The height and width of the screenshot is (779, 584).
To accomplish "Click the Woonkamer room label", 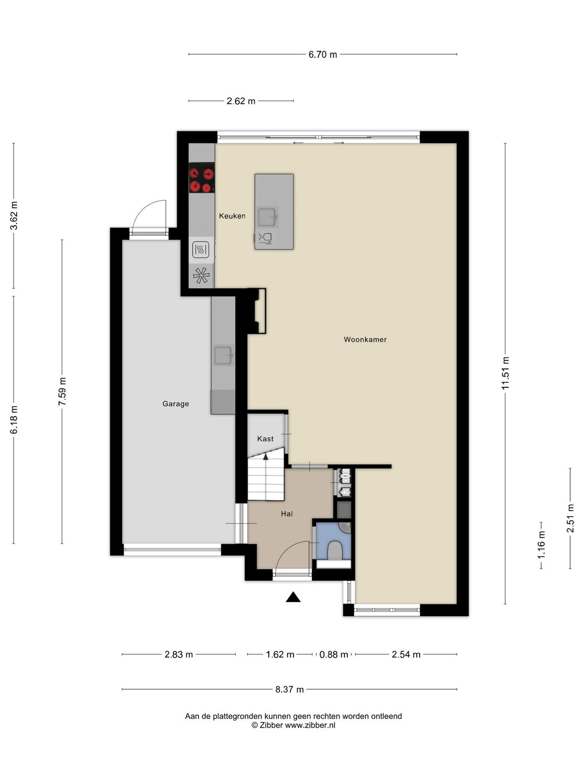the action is pos(365,340).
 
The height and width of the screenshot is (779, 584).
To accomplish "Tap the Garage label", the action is pos(176,404).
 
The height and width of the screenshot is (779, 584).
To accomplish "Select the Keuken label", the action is pos(232,216).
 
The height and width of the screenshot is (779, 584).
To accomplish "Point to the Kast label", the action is pos(265,439).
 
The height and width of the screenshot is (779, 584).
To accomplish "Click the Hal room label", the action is pos(287,513).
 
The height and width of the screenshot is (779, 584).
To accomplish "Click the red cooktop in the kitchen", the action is pos(201,177).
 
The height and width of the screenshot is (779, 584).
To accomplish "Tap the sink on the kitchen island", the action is pos(267,217).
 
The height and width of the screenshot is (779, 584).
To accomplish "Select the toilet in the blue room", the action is pos(334,551).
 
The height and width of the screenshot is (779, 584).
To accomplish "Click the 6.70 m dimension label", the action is pos(322,55).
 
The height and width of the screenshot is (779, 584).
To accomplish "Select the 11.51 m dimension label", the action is pos(505,373).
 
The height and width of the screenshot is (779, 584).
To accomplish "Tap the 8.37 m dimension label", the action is pos(289,690).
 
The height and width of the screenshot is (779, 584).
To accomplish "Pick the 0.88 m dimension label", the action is pos(334,655).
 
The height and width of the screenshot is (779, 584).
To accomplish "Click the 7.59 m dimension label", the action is pos(62,392).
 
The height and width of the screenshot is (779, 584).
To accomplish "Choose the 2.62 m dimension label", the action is pos(241,101).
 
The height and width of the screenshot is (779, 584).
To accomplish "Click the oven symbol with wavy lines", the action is pos(201,249).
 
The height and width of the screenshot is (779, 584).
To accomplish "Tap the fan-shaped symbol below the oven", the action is pos(201,275).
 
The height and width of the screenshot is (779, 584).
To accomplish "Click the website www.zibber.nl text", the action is pos(310,725).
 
